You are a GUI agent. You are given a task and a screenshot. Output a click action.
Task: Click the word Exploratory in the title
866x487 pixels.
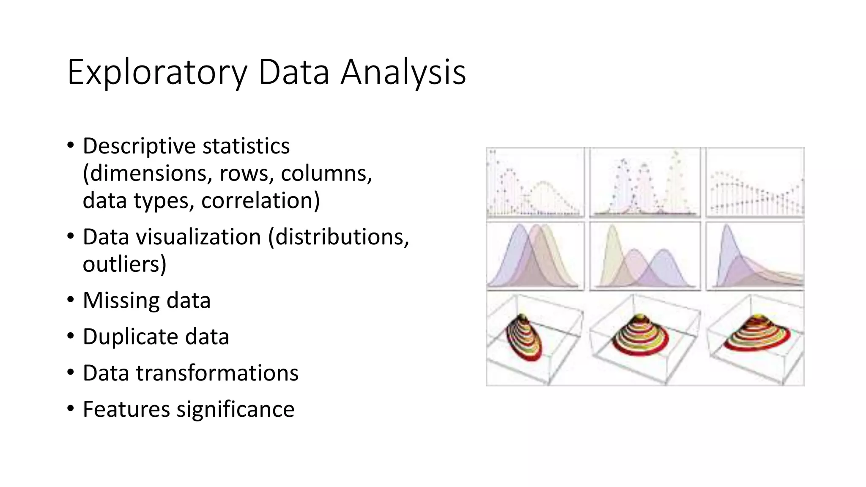pos(157,73)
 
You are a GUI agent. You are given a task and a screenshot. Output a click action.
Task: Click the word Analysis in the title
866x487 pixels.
pos(403,73)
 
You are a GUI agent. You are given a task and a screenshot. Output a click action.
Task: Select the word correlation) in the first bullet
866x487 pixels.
pos(260,200)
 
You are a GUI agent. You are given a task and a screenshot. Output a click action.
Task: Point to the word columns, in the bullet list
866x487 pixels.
pos(326,173)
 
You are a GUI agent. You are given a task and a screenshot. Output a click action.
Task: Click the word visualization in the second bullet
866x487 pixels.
pos(198,237)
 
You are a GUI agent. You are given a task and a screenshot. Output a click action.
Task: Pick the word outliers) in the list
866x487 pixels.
pos(124,264)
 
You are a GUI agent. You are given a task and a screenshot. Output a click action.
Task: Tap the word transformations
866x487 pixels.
pos(217,373)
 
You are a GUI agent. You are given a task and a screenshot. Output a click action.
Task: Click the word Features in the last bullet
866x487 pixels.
pos(126,410)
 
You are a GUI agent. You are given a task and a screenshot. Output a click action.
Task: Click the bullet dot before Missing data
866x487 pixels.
pos(71,300)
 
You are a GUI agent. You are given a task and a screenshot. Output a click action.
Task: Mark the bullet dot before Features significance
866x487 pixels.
pos(71,409)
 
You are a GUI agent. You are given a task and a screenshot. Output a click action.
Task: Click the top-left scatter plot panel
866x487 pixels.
pos(535,183)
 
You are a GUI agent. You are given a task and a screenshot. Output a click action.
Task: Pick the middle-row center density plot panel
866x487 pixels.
pos(644,256)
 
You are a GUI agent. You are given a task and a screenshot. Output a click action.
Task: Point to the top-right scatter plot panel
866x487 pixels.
pos(755,183)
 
